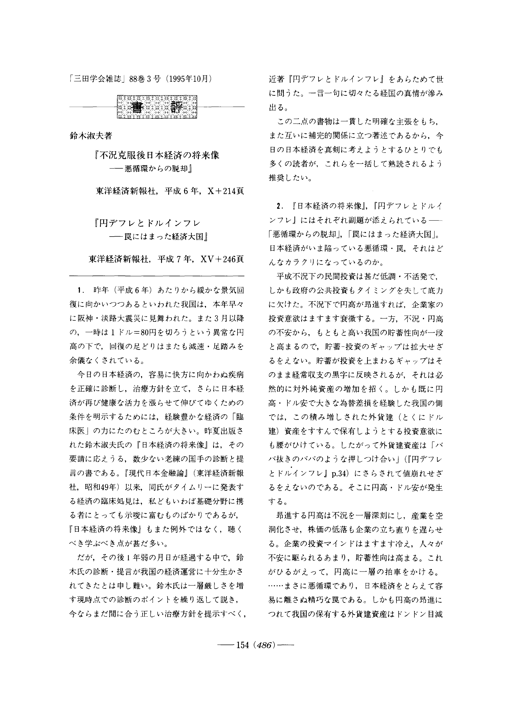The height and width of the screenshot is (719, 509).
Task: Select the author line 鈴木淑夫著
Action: [91, 136]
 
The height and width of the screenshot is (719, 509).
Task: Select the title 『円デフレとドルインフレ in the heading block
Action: [147, 223]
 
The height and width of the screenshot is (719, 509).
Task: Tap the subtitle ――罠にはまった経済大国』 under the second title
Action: [158, 237]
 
